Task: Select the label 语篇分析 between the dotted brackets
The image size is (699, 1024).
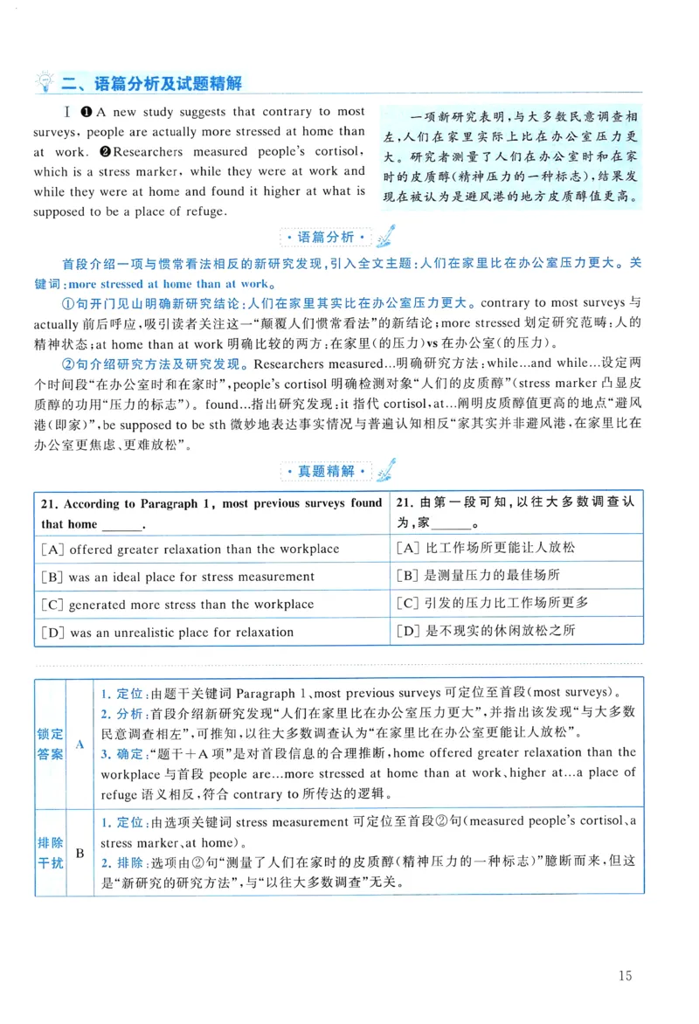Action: coord(327,238)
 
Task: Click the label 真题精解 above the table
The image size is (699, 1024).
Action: coord(327,471)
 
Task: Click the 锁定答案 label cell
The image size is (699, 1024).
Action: coord(50,744)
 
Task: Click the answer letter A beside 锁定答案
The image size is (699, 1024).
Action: coord(80,744)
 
